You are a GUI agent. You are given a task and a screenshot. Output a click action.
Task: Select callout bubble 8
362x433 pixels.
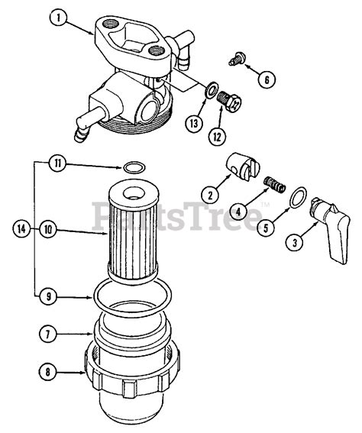coord(48,373)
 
